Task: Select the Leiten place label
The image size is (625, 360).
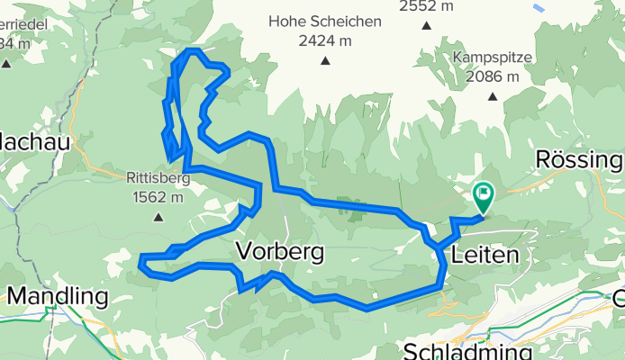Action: pyautogui.click(x=486, y=256)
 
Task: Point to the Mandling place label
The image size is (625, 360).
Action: pyautogui.click(x=58, y=295)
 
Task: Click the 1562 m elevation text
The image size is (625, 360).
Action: pyautogui.click(x=156, y=197)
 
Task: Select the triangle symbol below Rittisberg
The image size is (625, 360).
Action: pyautogui.click(x=159, y=216)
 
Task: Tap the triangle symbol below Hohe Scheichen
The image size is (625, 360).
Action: pyautogui.click(x=324, y=61)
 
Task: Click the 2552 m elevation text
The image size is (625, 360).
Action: pyautogui.click(x=426, y=6)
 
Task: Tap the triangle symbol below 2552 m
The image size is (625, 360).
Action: pyautogui.click(x=424, y=25)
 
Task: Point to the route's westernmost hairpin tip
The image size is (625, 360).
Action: pyautogui.click(x=141, y=261)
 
